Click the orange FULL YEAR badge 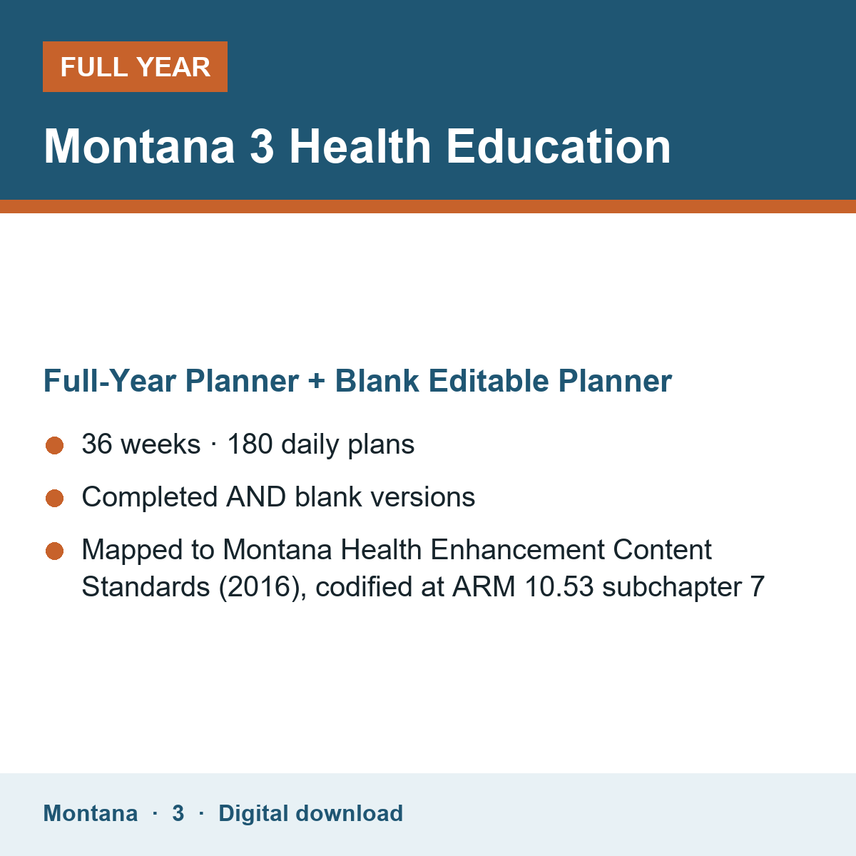click(x=135, y=66)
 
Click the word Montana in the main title click(x=139, y=146)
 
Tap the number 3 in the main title click(x=262, y=146)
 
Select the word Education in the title click(x=558, y=146)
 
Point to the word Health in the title click(x=360, y=146)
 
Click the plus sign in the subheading click(x=316, y=382)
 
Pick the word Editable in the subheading click(x=489, y=381)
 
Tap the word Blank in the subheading click(x=377, y=381)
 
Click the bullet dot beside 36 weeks click(x=55, y=446)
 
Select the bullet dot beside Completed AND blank click(x=55, y=498)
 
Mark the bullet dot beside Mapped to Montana click(x=55, y=551)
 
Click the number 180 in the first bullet click(x=250, y=444)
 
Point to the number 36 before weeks click(x=97, y=444)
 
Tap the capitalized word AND click(x=256, y=496)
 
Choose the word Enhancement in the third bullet click(x=517, y=549)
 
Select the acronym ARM click(x=484, y=587)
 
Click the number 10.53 click(x=559, y=587)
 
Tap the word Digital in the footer click(x=254, y=814)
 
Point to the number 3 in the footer click(x=178, y=813)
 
